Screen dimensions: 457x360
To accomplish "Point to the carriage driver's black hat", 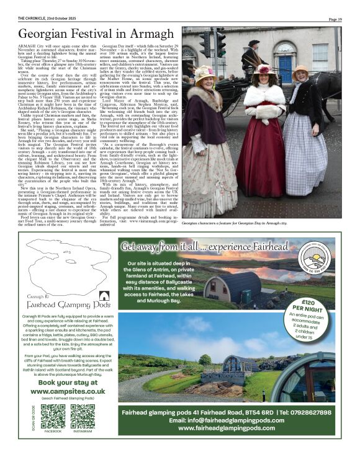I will (254, 43).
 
